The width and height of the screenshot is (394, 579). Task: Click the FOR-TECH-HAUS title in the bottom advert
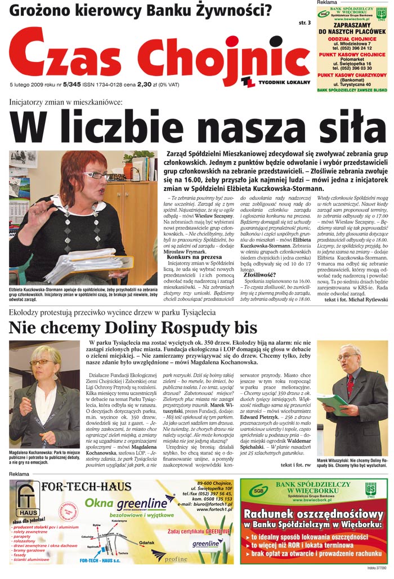click(x=83, y=487)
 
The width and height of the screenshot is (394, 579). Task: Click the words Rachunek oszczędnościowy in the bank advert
click(x=314, y=514)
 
